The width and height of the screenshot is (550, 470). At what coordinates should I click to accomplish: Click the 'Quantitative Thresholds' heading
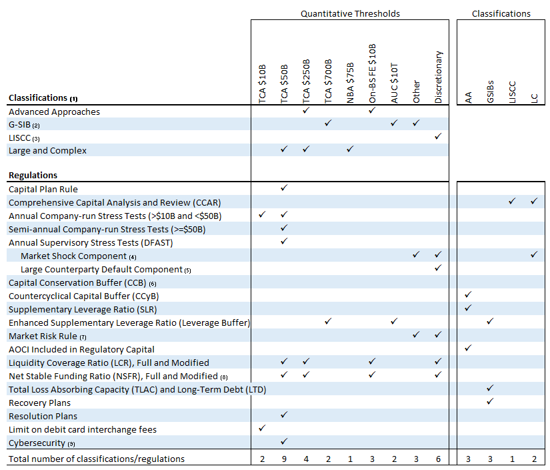349,13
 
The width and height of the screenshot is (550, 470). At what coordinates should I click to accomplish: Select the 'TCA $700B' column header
328,82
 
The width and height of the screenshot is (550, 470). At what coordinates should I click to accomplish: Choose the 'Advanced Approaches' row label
54,111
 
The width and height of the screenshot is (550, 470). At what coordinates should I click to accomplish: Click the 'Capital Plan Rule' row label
43,189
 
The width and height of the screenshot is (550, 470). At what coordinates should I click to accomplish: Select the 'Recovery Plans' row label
39,403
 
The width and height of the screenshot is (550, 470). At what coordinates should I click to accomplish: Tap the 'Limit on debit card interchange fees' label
83,429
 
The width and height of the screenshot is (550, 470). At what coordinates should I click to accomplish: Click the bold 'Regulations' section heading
33,175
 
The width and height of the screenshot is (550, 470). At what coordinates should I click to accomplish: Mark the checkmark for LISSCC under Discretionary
438,136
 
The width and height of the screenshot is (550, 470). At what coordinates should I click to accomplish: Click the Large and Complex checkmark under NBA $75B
350,150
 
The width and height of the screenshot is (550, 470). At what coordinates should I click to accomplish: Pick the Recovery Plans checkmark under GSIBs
490,401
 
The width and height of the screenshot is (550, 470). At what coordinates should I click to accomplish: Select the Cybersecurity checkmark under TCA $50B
284,441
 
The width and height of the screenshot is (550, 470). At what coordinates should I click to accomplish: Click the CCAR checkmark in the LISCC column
512,201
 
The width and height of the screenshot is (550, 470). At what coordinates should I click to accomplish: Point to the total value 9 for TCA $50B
284,459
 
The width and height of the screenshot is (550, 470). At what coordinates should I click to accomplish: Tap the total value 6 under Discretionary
438,459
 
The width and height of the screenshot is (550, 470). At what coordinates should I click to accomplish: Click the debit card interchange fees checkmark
262,428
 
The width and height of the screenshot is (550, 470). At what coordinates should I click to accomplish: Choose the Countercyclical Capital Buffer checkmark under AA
468,294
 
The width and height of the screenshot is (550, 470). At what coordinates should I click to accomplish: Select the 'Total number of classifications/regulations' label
97,459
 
